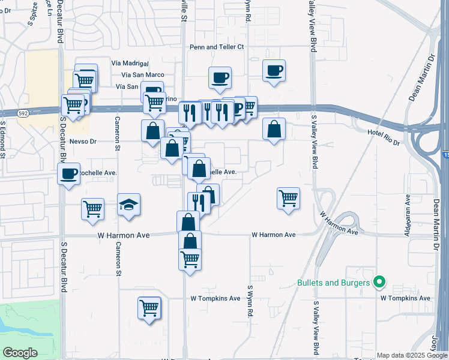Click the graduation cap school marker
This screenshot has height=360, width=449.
coord(129,206)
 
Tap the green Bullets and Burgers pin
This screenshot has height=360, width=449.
coord(379,281)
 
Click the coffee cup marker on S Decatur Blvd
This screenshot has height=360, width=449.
coord(69,175)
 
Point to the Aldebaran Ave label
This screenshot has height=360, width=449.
coord(408,213)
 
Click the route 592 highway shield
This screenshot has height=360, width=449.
coord(23,112)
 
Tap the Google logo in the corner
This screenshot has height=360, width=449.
coord(19,353)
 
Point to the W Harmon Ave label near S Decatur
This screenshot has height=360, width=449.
coord(122,236)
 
